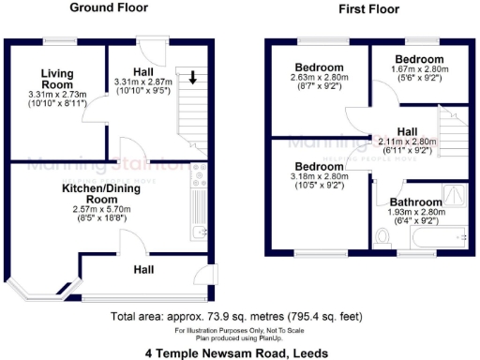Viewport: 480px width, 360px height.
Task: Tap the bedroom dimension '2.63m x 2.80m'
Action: coord(319,80)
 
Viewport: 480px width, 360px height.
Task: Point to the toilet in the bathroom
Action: coord(381,238)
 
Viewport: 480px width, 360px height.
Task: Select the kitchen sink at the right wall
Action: coord(199,232)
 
